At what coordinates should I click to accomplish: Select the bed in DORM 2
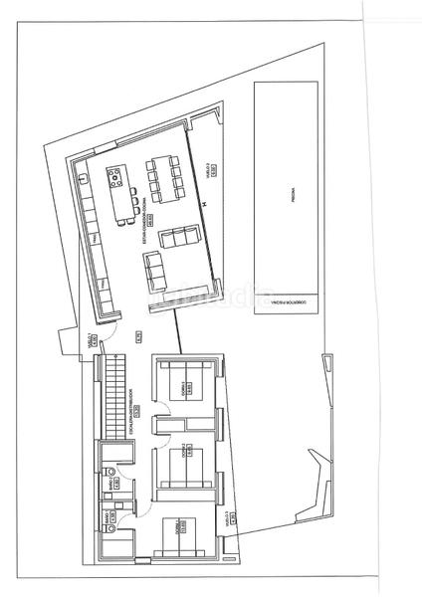[x=183, y=464]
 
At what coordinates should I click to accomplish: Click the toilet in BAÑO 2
[x=110, y=527]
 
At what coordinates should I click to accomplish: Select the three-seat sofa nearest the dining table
[x=179, y=237]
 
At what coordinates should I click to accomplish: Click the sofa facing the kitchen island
[x=159, y=268]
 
